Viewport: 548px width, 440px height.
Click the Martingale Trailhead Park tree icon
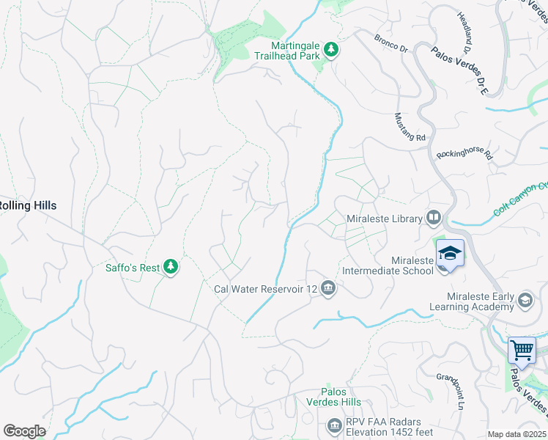click(x=333, y=49)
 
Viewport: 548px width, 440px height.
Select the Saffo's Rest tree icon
click(x=171, y=267)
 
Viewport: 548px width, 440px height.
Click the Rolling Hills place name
click(x=28, y=205)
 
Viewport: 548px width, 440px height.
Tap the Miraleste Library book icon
click(x=434, y=217)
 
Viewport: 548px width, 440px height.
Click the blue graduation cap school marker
click(x=450, y=254)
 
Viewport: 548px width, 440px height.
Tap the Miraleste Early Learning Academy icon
click(x=525, y=299)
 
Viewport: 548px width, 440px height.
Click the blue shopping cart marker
click(x=522, y=350)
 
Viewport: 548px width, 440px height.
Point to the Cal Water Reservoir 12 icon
click(x=327, y=288)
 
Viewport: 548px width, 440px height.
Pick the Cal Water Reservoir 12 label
click(x=265, y=289)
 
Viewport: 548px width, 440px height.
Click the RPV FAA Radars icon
click(x=335, y=425)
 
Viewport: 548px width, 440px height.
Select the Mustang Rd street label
click(x=410, y=127)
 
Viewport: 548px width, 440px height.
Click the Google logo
click(x=24, y=430)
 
